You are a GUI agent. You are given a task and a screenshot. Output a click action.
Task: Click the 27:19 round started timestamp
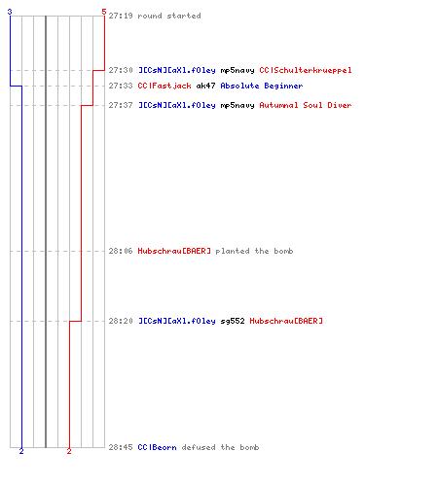click(121, 16)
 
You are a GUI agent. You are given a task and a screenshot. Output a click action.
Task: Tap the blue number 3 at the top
click(10, 12)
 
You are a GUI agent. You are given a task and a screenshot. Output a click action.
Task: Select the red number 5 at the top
click(104, 12)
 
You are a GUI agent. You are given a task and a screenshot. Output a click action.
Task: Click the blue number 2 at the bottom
click(21, 451)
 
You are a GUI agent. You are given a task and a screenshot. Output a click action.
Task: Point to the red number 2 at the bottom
click(69, 451)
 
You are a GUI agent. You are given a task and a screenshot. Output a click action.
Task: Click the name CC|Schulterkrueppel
click(306, 70)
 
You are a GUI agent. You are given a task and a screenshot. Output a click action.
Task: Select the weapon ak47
click(205, 86)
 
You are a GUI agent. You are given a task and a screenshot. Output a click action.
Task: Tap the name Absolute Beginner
click(262, 86)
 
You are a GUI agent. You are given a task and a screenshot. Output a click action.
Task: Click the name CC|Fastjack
click(164, 86)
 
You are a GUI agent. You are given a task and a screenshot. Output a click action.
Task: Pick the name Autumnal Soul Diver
click(306, 105)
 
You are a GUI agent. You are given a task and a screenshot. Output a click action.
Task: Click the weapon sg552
click(233, 321)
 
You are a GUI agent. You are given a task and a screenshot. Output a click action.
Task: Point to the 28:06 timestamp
click(121, 251)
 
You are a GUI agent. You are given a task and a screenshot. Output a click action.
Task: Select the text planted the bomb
click(254, 251)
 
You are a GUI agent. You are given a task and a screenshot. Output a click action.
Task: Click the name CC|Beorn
click(157, 447)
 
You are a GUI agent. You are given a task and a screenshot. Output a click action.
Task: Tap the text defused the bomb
click(220, 447)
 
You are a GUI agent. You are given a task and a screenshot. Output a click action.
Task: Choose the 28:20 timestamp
click(121, 321)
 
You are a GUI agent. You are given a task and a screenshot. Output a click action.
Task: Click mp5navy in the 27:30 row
click(237, 71)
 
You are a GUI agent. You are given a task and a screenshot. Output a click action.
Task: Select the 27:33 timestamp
click(121, 86)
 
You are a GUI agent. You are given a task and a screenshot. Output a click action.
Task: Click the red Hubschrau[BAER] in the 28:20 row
click(286, 321)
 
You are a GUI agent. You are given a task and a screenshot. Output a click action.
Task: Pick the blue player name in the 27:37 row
click(177, 105)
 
